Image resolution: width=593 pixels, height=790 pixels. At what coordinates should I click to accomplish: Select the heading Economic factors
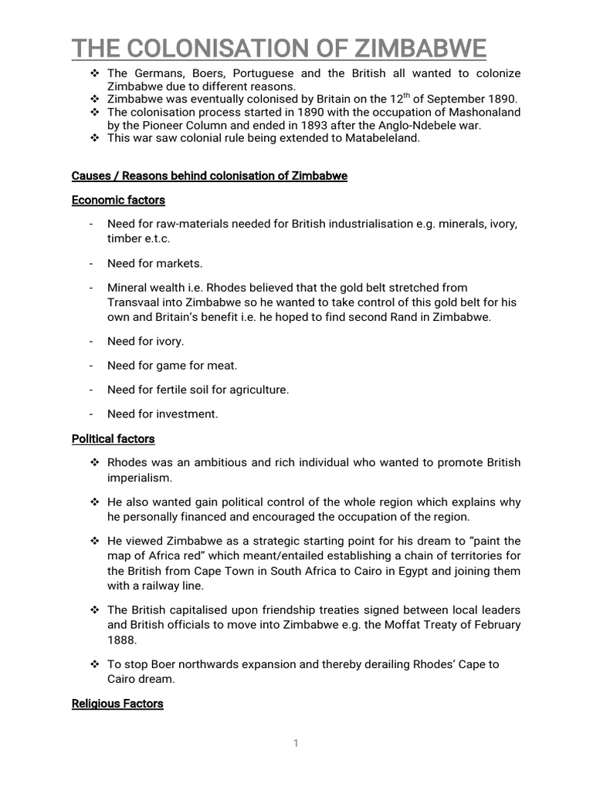click(118, 200)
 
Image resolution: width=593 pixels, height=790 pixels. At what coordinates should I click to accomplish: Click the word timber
click(124, 238)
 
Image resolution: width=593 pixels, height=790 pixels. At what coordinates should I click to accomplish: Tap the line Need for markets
click(154, 263)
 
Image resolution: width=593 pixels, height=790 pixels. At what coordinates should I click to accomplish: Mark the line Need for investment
click(163, 414)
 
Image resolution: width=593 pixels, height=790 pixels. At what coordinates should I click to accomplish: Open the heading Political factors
click(114, 439)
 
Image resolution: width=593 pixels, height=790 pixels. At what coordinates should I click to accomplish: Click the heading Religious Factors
click(117, 704)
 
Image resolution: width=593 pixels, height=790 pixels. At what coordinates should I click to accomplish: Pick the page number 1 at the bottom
click(296, 743)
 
